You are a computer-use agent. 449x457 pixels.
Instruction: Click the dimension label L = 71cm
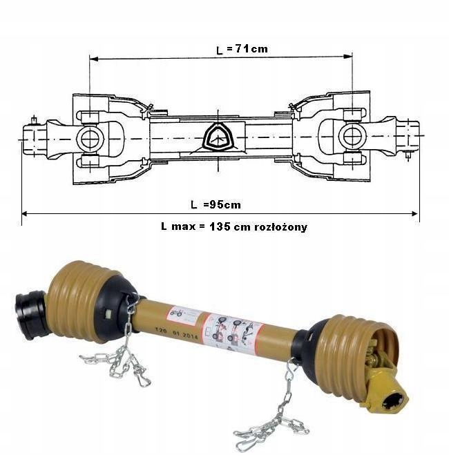tap(241, 49)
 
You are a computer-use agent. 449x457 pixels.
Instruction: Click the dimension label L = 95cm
tap(215, 204)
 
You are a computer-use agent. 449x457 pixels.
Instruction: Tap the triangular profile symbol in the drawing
tap(218, 137)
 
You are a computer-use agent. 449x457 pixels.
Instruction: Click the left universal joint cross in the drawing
tap(90, 137)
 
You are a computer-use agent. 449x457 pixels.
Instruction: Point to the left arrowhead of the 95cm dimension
tap(25, 213)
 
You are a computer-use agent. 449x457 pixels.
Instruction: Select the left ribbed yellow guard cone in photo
tap(77, 301)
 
